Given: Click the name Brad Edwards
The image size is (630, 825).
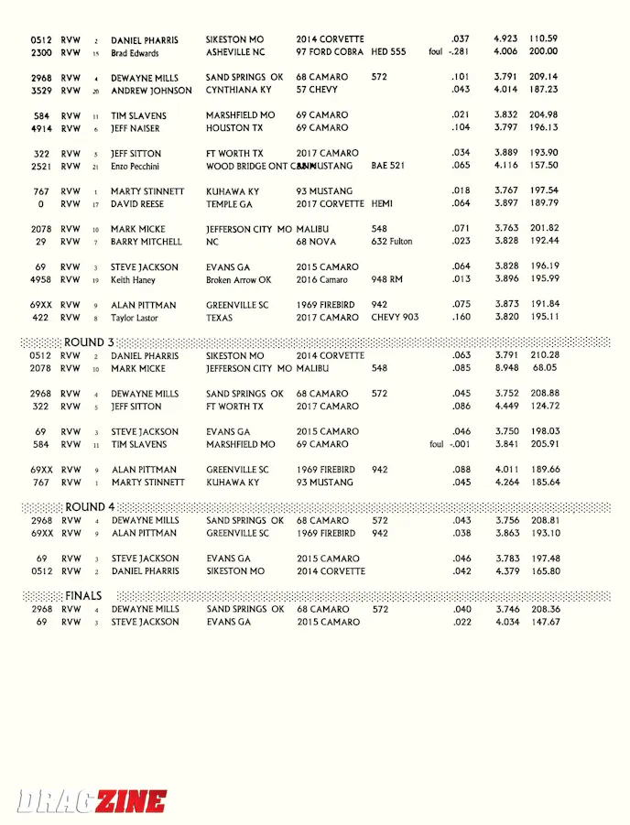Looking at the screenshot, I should pos(135,53).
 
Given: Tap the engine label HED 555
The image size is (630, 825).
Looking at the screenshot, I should pos(388,52).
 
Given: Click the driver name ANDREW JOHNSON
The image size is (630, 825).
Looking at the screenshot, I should pos(151,91).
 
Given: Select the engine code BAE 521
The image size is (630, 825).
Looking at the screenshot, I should pos(388,166).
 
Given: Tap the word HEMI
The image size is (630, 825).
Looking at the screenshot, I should pos(382,203).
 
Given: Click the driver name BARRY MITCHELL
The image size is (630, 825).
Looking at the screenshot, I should pos(147,242).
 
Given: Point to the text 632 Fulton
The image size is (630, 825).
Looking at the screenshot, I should pos(392,242).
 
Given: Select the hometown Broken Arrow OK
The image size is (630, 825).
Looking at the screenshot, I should pos(239,279).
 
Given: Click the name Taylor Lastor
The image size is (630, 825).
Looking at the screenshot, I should pos(135,318).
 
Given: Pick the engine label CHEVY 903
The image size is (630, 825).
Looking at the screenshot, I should pos(395,318).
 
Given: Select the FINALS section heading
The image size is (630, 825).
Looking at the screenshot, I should pos(83,596).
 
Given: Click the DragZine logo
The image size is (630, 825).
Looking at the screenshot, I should pos(92,801).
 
